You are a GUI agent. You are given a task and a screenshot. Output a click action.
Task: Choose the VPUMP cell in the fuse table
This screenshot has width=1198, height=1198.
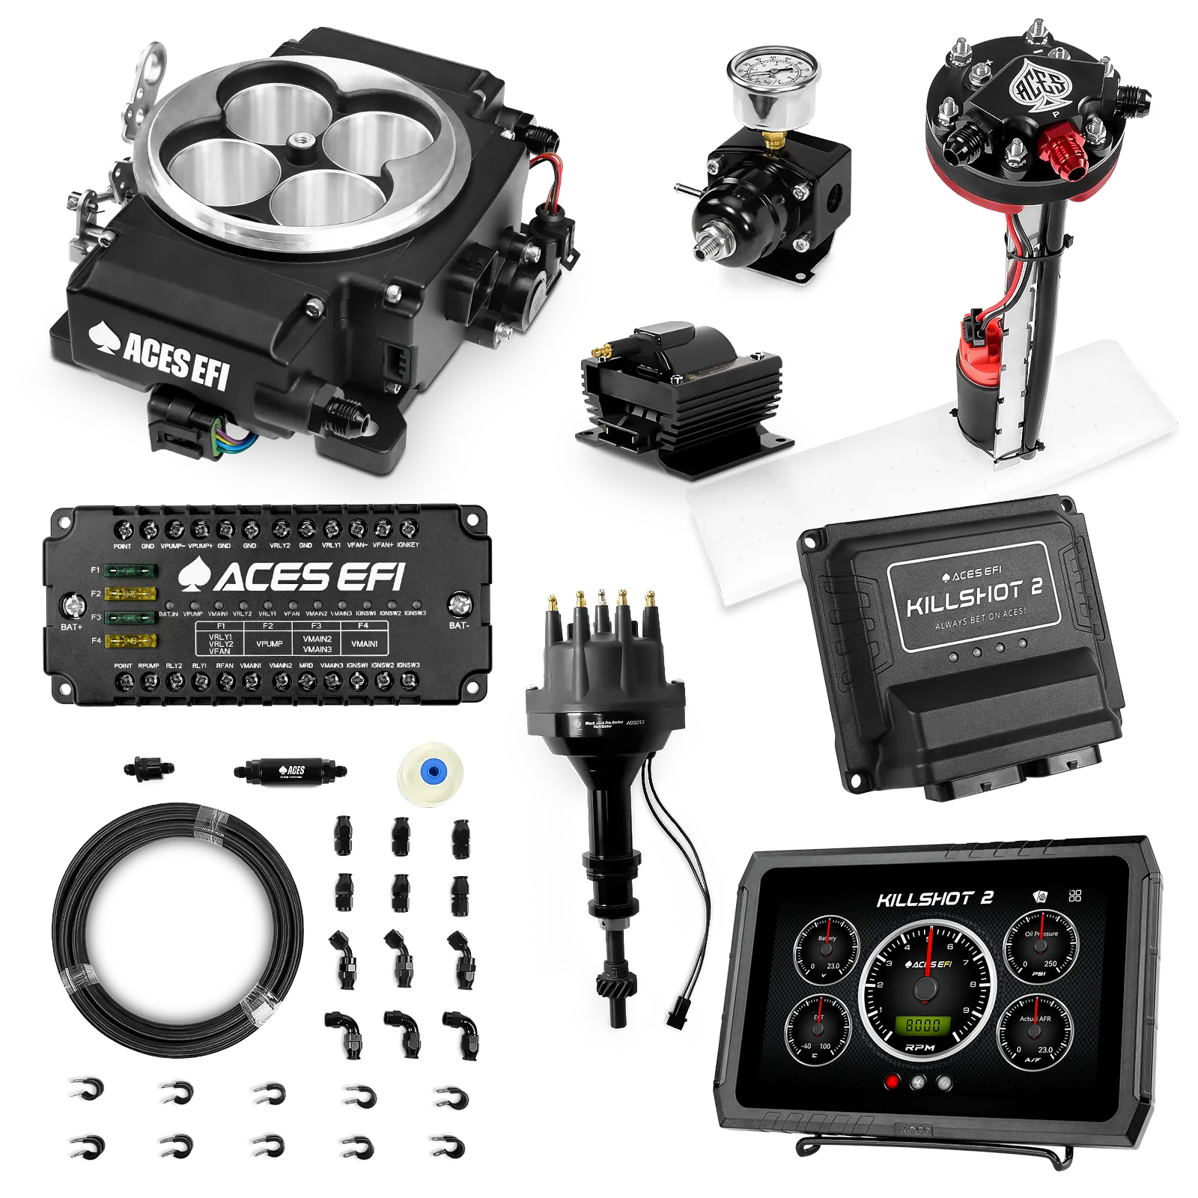269,643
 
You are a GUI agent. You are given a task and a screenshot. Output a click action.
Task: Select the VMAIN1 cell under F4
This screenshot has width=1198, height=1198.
364,643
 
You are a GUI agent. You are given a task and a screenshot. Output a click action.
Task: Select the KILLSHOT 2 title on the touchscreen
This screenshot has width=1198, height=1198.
934,898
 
